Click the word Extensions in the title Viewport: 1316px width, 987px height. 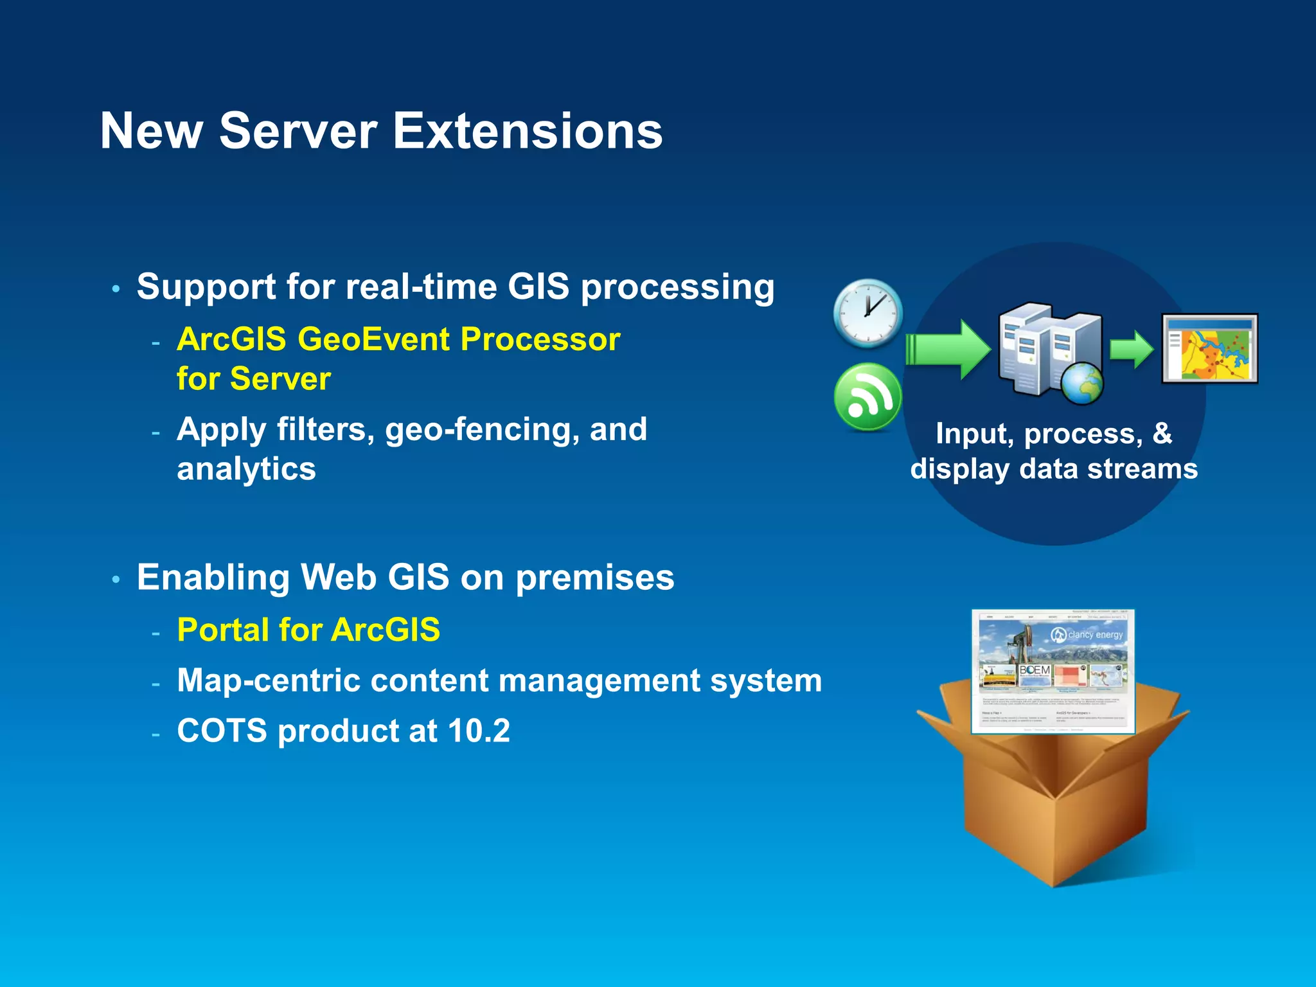(x=527, y=131)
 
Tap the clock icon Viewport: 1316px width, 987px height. (x=867, y=314)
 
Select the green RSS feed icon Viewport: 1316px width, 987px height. (x=867, y=396)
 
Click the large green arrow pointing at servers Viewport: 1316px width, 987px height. (x=948, y=350)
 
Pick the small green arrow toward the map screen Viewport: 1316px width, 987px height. (x=1132, y=350)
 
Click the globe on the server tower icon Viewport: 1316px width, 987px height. (x=1081, y=384)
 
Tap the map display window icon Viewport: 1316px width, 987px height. (x=1209, y=349)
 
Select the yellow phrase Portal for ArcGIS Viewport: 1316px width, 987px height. (x=308, y=630)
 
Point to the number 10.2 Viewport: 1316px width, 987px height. (x=479, y=731)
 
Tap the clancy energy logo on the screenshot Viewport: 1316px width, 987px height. (x=1087, y=635)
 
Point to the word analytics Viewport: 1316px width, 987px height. (x=246, y=469)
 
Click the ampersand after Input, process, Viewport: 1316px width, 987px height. (x=1162, y=433)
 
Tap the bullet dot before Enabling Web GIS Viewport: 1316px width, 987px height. (x=116, y=580)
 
